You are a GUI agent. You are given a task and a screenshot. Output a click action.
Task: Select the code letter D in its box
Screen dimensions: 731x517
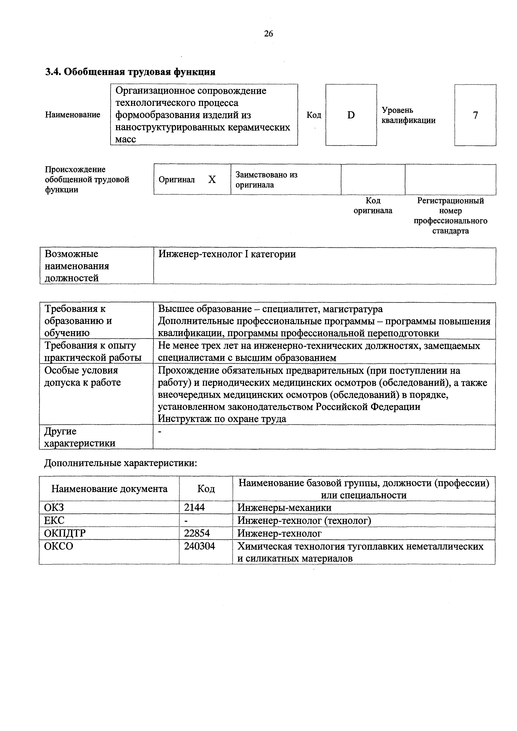(x=351, y=115)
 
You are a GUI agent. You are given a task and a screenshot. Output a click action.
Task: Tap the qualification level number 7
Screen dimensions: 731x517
(x=475, y=115)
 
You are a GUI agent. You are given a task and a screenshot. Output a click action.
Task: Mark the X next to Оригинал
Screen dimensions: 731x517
(x=212, y=180)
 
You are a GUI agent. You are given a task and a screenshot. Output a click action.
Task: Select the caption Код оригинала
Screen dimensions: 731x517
(x=373, y=206)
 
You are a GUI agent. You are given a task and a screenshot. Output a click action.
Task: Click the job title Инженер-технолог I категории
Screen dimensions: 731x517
(x=227, y=254)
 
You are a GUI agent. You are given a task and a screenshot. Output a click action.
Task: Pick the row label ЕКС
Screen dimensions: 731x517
(x=54, y=520)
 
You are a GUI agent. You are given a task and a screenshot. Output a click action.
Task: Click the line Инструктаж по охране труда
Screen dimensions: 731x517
(x=222, y=419)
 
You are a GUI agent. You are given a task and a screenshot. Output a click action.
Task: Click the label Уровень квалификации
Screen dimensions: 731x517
(x=408, y=115)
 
